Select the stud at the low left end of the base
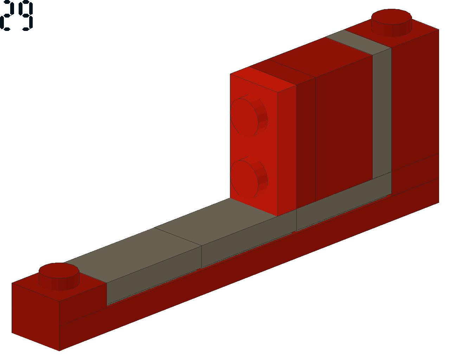tap(59, 276)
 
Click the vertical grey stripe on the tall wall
tap(382, 112)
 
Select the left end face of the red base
tap(35, 313)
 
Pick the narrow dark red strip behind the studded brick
tap(306, 141)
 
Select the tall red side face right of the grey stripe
tap(415, 105)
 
